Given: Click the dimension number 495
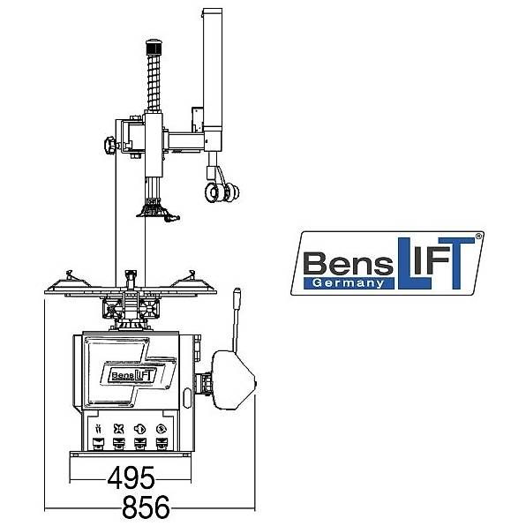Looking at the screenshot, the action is [131, 477].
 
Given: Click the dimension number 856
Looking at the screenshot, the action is [146, 507].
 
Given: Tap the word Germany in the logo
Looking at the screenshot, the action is [348, 283].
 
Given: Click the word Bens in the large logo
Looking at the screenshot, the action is [349, 263].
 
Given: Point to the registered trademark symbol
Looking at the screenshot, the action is [478, 237].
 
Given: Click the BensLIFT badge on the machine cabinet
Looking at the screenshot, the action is [133, 375].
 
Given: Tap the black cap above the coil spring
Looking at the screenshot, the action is [154, 48].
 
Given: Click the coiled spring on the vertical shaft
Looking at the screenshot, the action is [154, 83].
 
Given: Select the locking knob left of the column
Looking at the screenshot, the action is [110, 145].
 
